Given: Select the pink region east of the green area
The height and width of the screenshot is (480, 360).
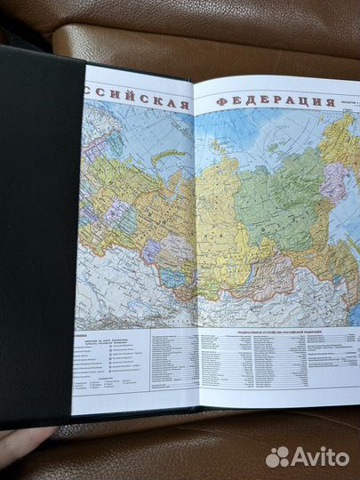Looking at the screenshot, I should coord(333,182).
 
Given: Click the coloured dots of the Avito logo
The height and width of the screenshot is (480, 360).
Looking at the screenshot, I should coord(277,457).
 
